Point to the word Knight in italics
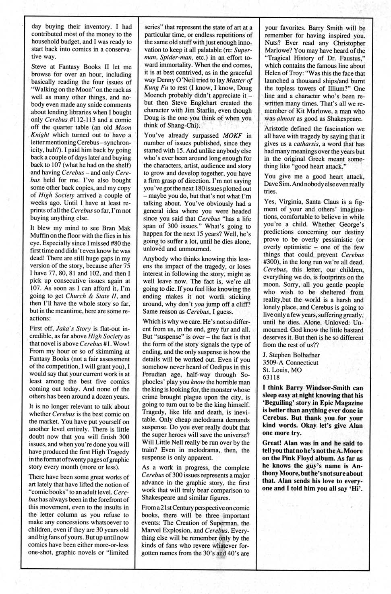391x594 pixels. tap(40, 135)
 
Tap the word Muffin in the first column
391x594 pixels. tap(40, 236)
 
